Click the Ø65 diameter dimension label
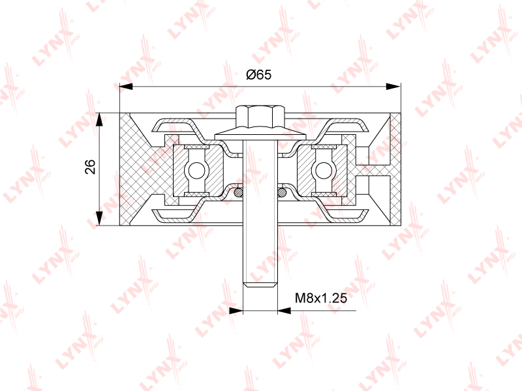[258, 74]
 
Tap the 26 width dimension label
[90, 167]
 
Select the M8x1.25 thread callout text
[321, 298]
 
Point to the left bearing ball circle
[197, 171]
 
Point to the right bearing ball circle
[323, 171]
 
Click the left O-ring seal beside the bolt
[238, 192]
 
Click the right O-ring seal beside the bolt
[282, 192]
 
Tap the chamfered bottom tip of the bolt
[260, 284]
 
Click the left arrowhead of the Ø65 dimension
[126, 87]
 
